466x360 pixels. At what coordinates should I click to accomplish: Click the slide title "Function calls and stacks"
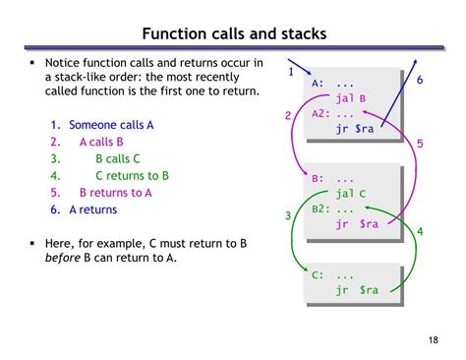pyautogui.click(x=233, y=35)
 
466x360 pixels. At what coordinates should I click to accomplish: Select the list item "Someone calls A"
pyautogui.click(x=111, y=125)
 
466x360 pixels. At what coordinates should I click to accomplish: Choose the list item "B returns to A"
pyautogui.click(x=116, y=193)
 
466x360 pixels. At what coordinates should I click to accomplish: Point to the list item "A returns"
pyautogui.click(x=93, y=210)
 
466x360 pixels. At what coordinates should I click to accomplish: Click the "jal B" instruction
pyautogui.click(x=351, y=98)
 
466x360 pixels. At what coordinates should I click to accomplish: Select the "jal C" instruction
pyautogui.click(x=351, y=194)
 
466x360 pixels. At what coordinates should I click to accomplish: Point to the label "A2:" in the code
pyautogui.click(x=322, y=113)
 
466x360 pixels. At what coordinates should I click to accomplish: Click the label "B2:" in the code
pyautogui.click(x=322, y=209)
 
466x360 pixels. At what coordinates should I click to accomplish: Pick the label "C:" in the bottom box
pyautogui.click(x=319, y=274)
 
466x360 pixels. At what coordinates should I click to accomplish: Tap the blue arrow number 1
pyautogui.click(x=291, y=71)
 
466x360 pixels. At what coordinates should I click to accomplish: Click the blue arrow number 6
pyautogui.click(x=419, y=79)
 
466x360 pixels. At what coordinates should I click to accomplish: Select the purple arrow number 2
pyautogui.click(x=288, y=116)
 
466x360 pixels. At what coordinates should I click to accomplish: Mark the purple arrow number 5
pyautogui.click(x=420, y=144)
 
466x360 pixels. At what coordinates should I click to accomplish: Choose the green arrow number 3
pyautogui.click(x=288, y=215)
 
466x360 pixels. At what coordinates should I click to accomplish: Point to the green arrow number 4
pyautogui.click(x=420, y=231)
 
